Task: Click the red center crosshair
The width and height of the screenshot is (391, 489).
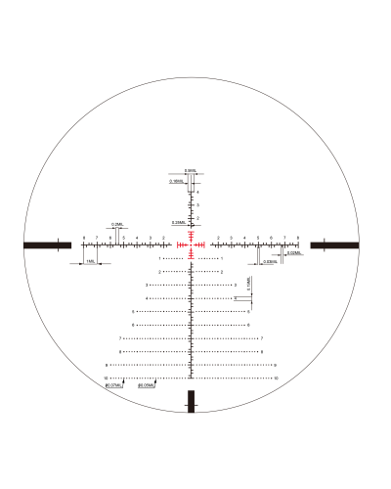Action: [192, 244]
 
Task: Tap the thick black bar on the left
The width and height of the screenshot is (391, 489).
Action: [46, 244]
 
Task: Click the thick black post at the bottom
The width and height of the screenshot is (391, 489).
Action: [192, 401]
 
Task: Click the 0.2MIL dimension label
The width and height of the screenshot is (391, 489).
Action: [116, 224]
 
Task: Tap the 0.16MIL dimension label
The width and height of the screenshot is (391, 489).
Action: [177, 181]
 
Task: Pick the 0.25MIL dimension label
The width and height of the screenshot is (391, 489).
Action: [178, 223]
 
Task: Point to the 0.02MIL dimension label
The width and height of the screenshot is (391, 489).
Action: [293, 253]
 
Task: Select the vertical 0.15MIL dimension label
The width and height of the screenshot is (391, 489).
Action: [249, 284]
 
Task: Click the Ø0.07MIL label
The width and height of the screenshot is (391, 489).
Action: [114, 386]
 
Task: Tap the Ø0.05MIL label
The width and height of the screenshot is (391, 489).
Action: [148, 386]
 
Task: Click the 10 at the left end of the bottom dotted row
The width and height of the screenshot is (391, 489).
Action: [106, 378]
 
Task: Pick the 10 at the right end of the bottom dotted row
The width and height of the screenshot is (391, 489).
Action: [277, 378]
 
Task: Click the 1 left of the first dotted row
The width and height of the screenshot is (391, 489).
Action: [159, 258]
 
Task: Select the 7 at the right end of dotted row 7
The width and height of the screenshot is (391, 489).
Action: [262, 338]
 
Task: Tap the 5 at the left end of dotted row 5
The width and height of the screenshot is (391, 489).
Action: [133, 311]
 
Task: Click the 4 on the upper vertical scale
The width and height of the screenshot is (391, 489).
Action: [197, 193]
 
